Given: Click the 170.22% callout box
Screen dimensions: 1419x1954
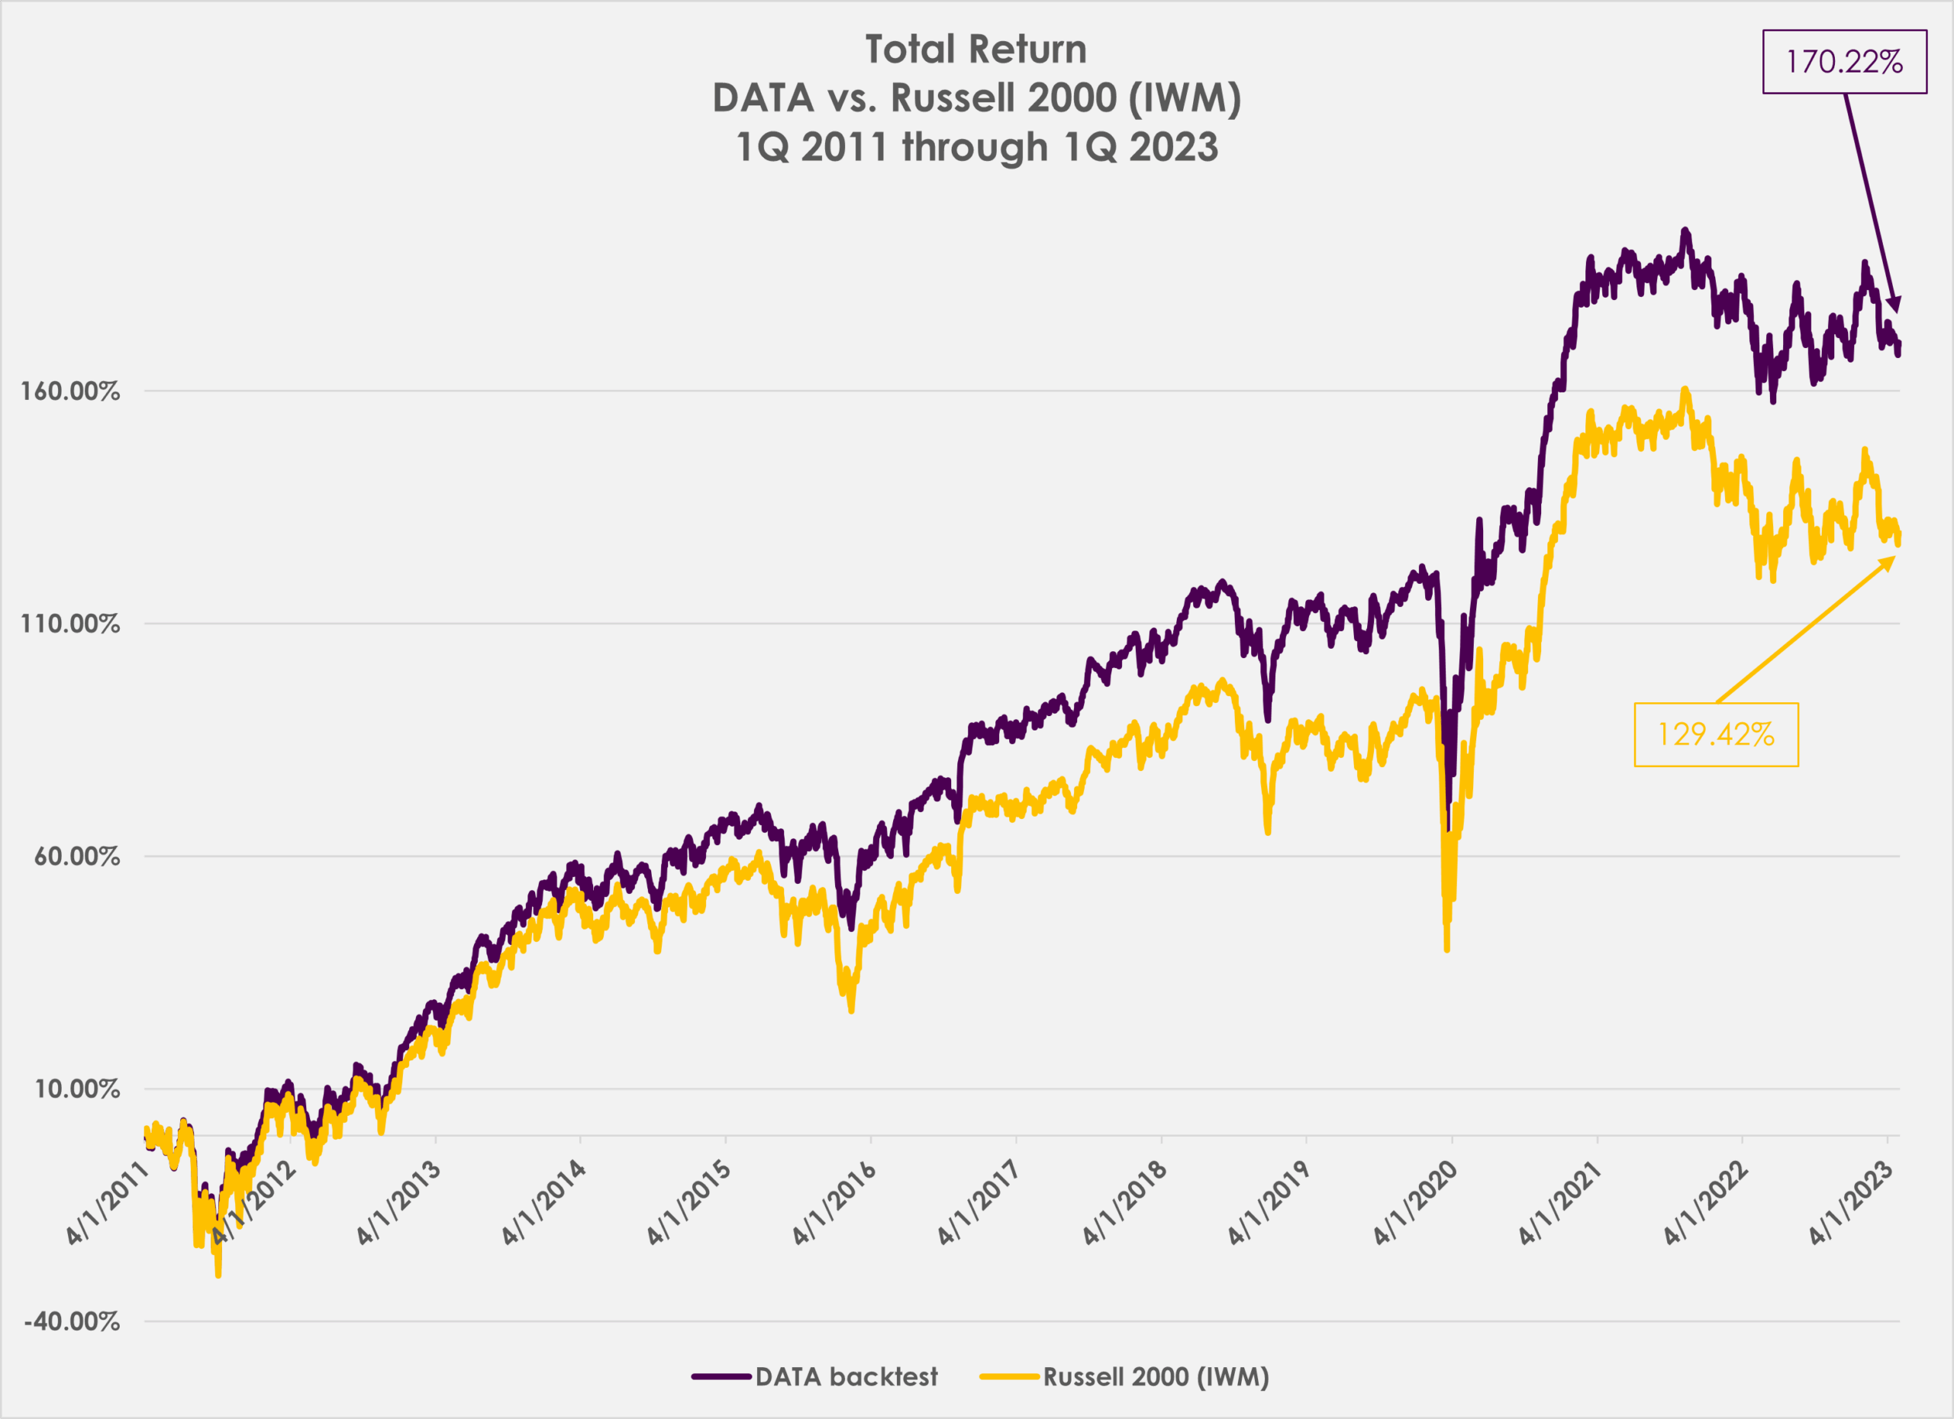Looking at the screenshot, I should click(x=1844, y=62).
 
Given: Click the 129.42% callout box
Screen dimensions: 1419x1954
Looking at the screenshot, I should click(x=1715, y=734).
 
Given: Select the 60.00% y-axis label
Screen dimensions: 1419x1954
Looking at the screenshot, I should click(x=76, y=856).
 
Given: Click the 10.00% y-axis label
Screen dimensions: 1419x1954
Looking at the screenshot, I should click(x=76, y=1089).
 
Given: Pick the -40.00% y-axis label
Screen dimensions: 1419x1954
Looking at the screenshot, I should click(x=73, y=1321).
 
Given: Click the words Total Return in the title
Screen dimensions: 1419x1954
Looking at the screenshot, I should click(x=975, y=49).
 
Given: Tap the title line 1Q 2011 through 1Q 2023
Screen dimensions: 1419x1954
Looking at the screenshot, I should click(x=976, y=147).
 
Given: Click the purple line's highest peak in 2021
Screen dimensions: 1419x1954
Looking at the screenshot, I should click(x=1685, y=231).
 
